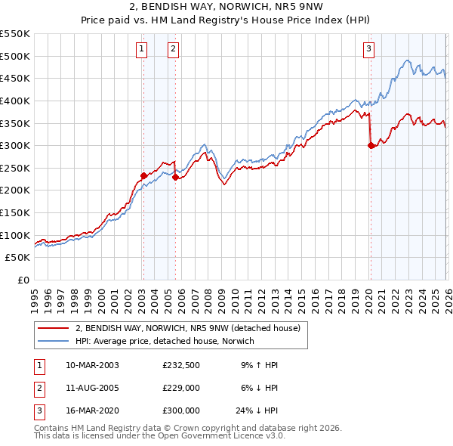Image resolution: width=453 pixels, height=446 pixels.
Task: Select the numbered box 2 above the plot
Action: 174,50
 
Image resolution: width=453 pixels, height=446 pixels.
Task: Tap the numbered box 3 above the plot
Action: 369,50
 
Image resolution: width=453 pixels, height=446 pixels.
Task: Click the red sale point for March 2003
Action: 143,175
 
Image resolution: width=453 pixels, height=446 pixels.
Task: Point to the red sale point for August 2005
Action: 175,178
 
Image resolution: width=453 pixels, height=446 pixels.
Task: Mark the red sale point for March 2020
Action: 371,146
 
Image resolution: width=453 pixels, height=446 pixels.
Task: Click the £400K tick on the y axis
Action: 16,101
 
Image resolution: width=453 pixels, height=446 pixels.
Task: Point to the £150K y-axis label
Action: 16,212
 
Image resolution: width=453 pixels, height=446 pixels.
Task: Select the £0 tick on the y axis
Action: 23,280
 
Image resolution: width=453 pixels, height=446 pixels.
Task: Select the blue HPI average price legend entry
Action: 165,341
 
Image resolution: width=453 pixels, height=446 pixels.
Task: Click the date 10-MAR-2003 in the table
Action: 91,365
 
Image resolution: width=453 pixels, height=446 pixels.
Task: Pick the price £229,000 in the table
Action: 181,388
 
